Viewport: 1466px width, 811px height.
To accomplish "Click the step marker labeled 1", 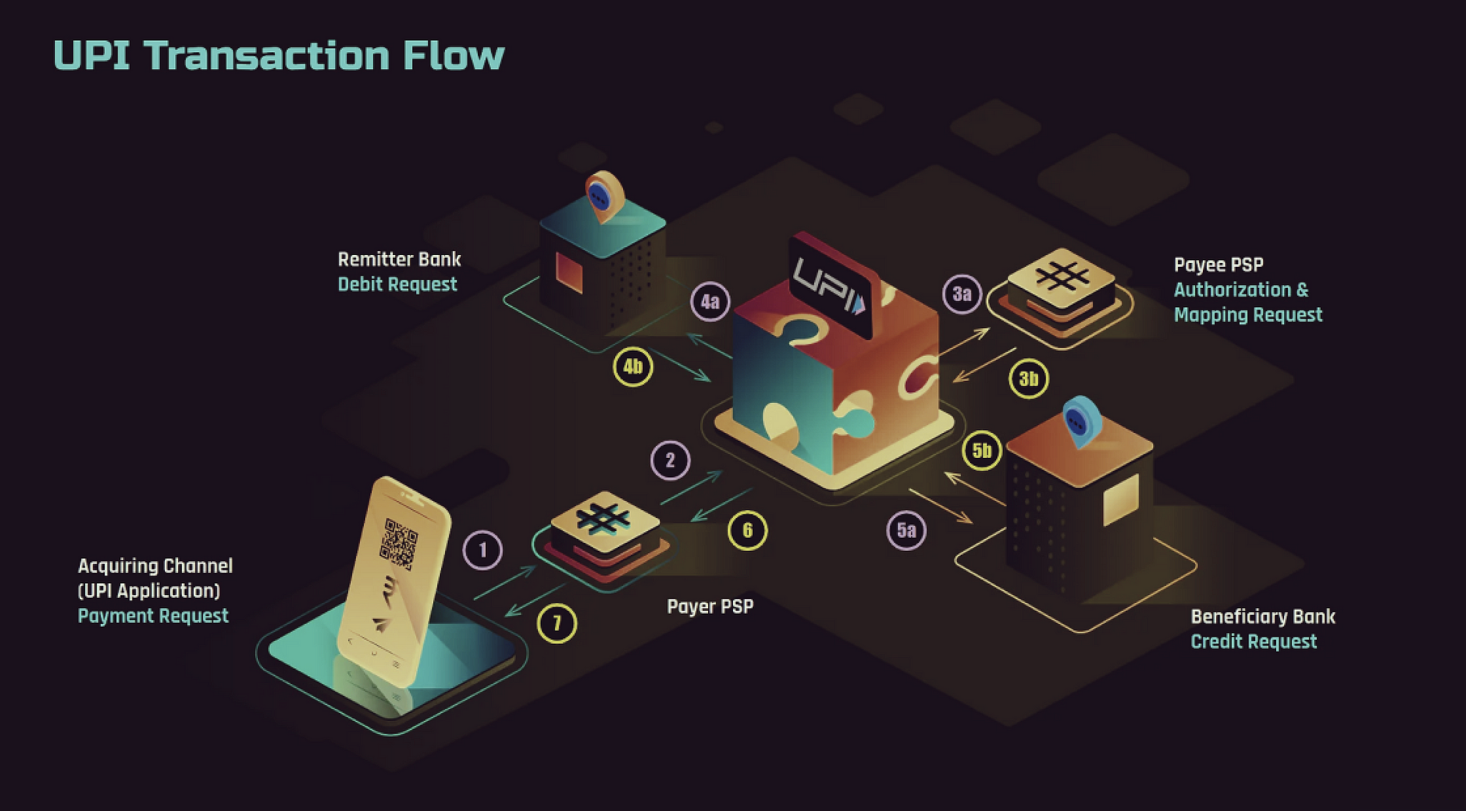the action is pyautogui.click(x=482, y=550).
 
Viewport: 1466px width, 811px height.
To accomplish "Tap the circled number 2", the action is pyautogui.click(x=670, y=461).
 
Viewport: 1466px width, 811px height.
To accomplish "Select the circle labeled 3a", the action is pyautogui.click(x=962, y=295).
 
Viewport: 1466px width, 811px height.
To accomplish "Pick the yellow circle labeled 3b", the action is pyautogui.click(x=1028, y=379).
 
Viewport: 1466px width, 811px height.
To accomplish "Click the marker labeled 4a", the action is pyautogui.click(x=710, y=302).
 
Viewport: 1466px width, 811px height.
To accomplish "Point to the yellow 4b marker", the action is pyautogui.click(x=633, y=366).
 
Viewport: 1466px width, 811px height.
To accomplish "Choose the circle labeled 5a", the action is pyautogui.click(x=906, y=530).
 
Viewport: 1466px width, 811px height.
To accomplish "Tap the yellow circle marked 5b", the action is pyautogui.click(x=981, y=451).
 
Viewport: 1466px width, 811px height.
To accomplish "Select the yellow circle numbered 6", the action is pyautogui.click(x=747, y=530).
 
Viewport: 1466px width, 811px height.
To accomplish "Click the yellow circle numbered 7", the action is pyautogui.click(x=557, y=623).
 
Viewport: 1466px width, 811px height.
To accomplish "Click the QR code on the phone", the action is pyautogui.click(x=401, y=544).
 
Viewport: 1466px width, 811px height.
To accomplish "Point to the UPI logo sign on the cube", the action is pyautogui.click(x=830, y=285).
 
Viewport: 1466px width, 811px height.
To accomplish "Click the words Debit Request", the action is pyautogui.click(x=397, y=284).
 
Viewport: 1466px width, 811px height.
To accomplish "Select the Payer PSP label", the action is pyautogui.click(x=710, y=607).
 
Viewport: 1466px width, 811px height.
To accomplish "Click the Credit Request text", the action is pyautogui.click(x=1253, y=642).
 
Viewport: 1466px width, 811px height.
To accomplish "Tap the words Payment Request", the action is pyautogui.click(x=153, y=616).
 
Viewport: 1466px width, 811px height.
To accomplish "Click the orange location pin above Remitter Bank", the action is pyautogui.click(x=604, y=194).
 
